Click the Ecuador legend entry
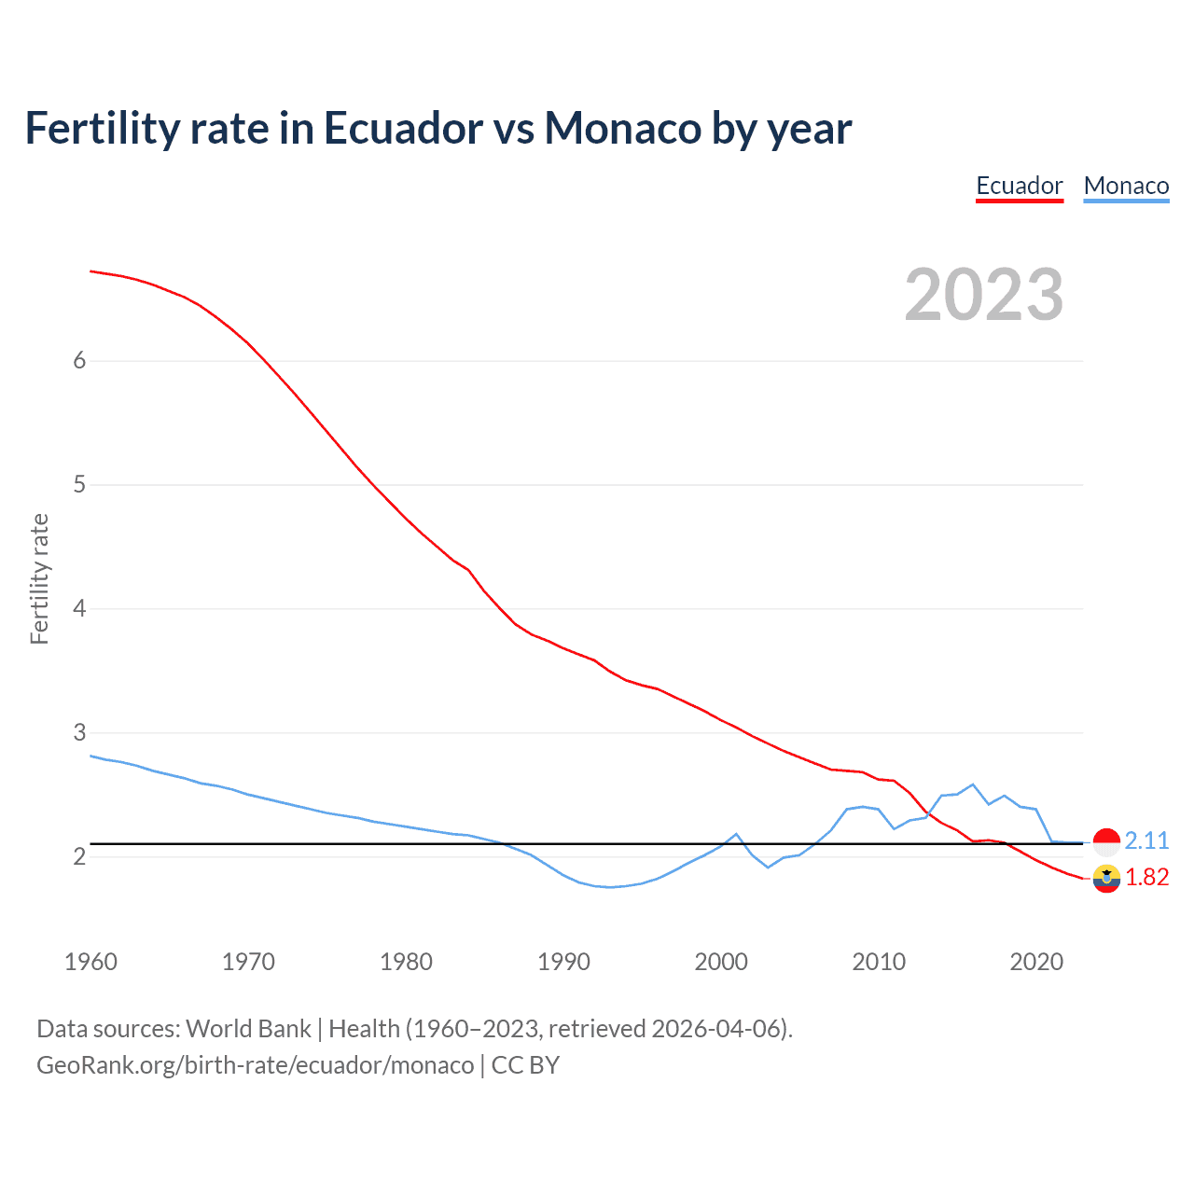point(1019,186)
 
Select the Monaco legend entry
point(1126,186)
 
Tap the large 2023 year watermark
point(983,295)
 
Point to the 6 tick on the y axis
point(79,361)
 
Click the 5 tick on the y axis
point(79,485)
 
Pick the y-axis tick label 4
point(79,609)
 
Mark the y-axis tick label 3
point(79,733)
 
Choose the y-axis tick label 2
point(79,856)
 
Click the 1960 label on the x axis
point(90,962)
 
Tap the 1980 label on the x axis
point(406,962)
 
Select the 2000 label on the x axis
point(721,962)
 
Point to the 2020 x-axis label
point(1036,962)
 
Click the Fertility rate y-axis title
point(39,578)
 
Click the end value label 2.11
point(1146,840)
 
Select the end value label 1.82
point(1146,878)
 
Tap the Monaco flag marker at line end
point(1106,841)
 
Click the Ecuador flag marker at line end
point(1106,878)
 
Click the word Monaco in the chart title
point(623,128)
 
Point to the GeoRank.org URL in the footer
point(255,1064)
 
